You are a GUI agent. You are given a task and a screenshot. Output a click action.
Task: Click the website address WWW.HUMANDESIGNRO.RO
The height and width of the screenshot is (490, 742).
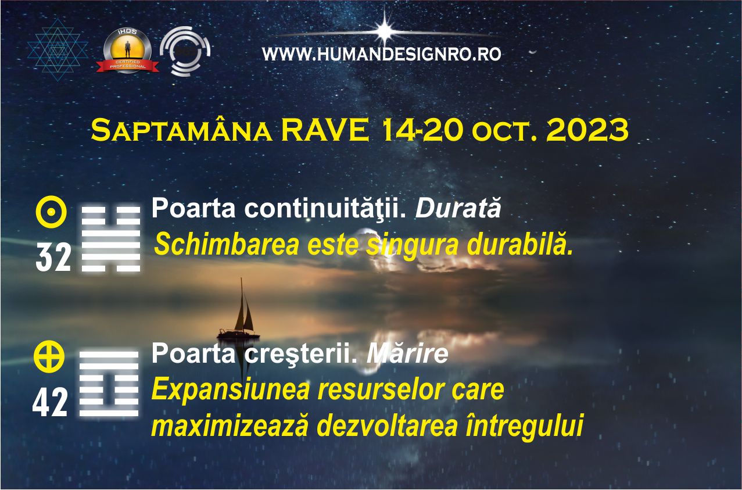(x=381, y=54)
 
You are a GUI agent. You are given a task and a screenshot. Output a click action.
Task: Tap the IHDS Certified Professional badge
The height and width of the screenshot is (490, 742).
(x=127, y=51)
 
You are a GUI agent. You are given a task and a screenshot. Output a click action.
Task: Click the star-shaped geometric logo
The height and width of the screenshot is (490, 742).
(x=58, y=49)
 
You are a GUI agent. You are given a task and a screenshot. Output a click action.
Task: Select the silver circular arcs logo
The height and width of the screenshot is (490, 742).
(x=185, y=51)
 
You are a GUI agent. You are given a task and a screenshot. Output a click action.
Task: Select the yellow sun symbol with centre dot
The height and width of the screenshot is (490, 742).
(x=51, y=212)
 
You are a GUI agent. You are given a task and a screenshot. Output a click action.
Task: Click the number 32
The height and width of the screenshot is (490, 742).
(x=53, y=257)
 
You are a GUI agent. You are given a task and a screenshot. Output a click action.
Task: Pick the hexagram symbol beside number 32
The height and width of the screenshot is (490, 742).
(x=111, y=238)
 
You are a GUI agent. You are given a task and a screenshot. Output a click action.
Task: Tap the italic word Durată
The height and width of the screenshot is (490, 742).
(x=458, y=209)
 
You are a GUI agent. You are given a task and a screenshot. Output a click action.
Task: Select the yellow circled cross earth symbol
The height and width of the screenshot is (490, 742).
(x=49, y=356)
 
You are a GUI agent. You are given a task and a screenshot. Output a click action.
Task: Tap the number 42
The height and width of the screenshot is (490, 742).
(x=50, y=403)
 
